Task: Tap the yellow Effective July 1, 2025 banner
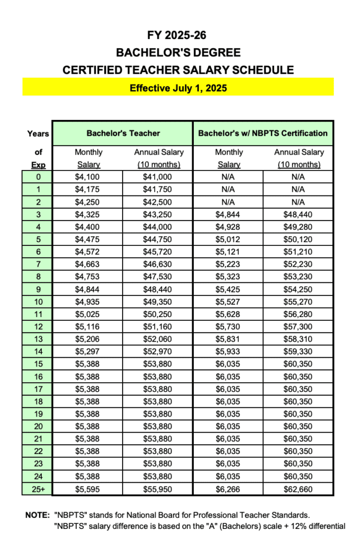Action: (178, 87)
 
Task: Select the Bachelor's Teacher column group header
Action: (123, 133)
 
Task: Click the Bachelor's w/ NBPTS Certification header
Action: (263, 133)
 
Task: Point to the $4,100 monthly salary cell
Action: (89, 177)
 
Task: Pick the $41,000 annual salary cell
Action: (159, 177)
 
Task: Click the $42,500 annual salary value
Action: (159, 202)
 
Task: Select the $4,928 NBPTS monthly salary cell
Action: (228, 227)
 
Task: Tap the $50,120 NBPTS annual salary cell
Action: (298, 239)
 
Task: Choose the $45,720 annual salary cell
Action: (159, 252)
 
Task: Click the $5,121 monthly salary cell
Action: (228, 252)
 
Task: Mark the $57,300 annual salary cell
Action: (298, 327)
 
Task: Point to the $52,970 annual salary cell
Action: (159, 352)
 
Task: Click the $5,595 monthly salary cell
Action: (89, 489)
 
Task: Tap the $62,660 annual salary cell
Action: (298, 489)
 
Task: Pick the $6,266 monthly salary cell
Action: (228, 489)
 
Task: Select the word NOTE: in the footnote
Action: (37, 514)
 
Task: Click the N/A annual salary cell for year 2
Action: (298, 202)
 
